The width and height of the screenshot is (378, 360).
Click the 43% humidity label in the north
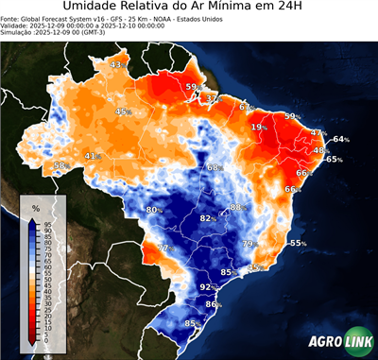coord(117,64)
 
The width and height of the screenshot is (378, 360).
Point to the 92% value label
coord(207,286)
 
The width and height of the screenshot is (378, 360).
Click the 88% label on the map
coord(237,207)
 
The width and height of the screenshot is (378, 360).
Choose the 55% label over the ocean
coord(298,243)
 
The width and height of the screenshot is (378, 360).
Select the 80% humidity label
coord(154,209)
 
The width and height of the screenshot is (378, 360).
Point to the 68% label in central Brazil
coord(214,167)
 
